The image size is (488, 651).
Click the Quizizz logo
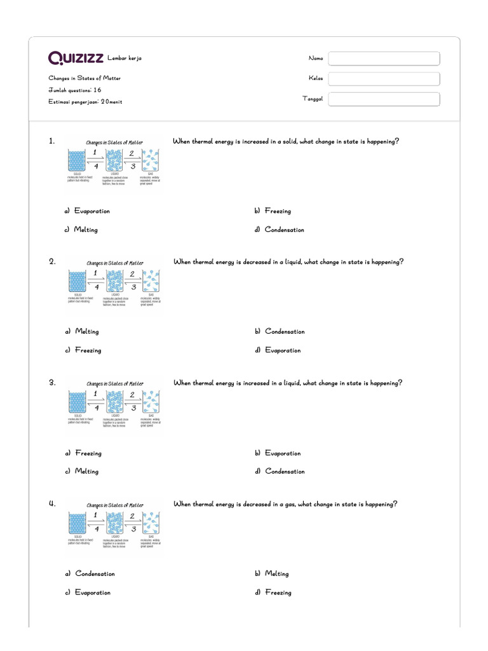click(76, 58)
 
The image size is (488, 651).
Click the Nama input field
click(384, 58)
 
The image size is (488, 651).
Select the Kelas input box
click(384, 79)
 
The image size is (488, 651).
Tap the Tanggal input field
click(384, 99)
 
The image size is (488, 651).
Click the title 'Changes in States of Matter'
click(85, 78)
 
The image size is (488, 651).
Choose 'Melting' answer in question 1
click(86, 230)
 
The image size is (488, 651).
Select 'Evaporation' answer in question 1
click(91, 211)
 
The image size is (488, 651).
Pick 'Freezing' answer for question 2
click(88, 350)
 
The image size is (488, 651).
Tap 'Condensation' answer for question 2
click(285, 331)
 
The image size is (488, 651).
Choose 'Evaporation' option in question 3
click(283, 453)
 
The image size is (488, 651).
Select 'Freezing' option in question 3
click(88, 453)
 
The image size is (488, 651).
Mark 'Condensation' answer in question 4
click(95, 573)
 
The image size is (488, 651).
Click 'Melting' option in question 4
click(276, 573)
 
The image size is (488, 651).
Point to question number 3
click(52, 383)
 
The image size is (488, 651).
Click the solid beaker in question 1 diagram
click(76, 161)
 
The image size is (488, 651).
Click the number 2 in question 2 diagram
click(132, 274)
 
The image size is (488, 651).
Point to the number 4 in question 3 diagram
click(96, 408)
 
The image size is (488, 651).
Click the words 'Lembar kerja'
click(125, 58)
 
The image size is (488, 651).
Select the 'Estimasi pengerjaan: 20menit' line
click(85, 101)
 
